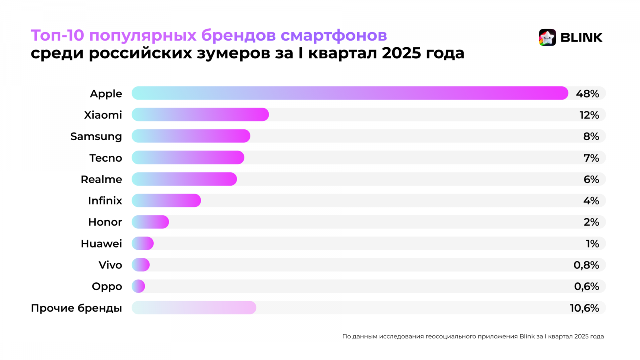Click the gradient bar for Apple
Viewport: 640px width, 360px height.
coord(350,93)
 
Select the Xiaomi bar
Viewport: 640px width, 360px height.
coord(200,115)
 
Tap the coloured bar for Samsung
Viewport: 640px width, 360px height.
coord(191,136)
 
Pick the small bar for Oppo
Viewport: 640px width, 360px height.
coord(138,286)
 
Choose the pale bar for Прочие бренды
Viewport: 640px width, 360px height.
coord(194,308)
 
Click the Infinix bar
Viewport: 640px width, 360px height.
coord(166,200)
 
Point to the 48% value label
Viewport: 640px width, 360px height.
coord(587,94)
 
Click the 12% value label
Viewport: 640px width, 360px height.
coord(589,115)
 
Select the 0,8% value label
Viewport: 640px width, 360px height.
coord(586,265)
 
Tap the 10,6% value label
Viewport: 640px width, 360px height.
coord(584,308)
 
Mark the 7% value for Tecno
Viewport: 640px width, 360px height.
coord(591,158)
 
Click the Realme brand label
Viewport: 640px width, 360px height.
coord(101,179)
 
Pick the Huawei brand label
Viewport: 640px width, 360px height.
coord(101,244)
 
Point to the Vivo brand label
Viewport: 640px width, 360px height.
coord(110,265)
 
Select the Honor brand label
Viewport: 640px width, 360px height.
coord(105,222)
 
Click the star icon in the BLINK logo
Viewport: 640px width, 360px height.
coord(547,38)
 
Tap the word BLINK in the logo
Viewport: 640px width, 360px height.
coord(581,38)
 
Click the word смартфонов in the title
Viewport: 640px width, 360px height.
coord(334,35)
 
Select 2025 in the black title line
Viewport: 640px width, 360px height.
coord(401,53)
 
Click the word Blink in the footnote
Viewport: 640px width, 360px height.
coord(527,336)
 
